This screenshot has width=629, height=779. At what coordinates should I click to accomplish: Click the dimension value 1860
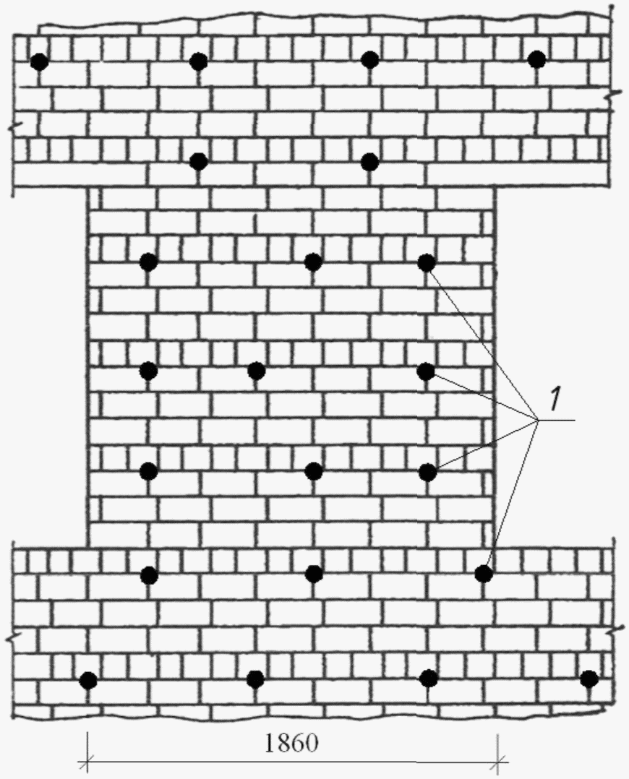[290, 744]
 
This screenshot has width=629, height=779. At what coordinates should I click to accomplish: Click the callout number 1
[554, 398]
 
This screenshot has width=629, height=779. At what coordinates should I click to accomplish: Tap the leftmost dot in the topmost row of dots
[40, 62]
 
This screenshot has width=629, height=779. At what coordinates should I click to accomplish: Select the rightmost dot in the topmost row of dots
[536, 59]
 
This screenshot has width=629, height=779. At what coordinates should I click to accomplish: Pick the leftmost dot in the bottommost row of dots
[88, 680]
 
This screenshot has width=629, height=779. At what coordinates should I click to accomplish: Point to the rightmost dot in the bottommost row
[589, 679]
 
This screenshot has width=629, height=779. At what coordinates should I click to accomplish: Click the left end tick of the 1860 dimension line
[87, 761]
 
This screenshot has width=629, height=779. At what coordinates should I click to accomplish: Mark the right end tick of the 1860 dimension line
[497, 761]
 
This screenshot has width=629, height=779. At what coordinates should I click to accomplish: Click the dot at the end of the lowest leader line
[484, 574]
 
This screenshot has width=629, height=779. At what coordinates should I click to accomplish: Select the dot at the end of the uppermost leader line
[427, 263]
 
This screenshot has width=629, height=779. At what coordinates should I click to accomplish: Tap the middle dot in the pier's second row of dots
[256, 371]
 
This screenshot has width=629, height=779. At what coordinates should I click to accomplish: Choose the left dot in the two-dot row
[199, 161]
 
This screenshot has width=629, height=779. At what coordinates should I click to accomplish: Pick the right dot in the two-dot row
[369, 161]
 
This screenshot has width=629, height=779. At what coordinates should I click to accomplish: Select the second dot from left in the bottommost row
[255, 679]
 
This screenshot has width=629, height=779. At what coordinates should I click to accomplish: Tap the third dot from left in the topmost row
[369, 60]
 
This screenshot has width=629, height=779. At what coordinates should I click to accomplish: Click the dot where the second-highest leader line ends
[426, 371]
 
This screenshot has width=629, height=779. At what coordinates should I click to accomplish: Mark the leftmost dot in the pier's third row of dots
[148, 471]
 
